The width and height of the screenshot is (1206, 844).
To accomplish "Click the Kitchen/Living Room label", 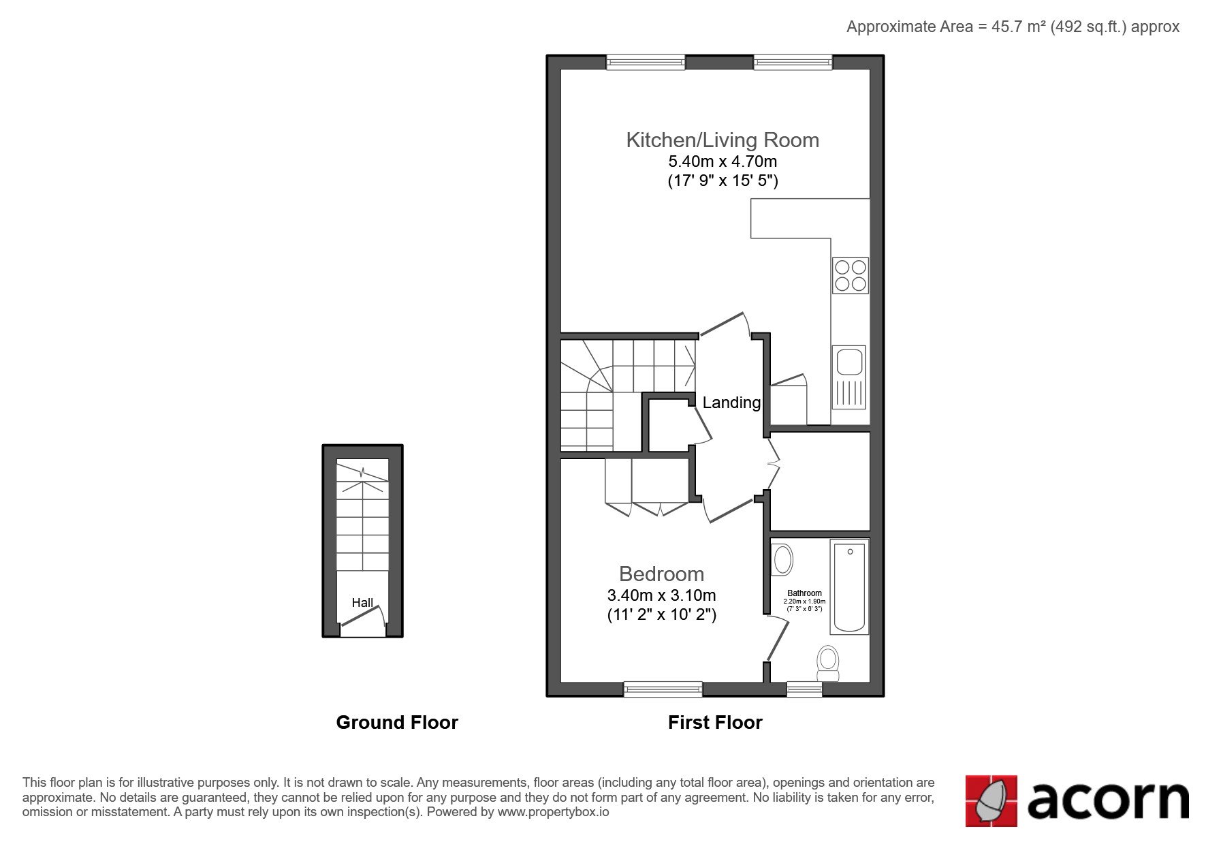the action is pyautogui.click(x=723, y=140).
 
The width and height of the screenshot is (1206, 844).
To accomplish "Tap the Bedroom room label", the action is pyautogui.click(x=661, y=574).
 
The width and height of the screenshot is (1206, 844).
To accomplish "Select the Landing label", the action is pyautogui.click(x=731, y=403).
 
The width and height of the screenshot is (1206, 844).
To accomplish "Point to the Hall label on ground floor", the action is pyautogui.click(x=362, y=603).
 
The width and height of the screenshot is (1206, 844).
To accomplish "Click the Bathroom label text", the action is pyautogui.click(x=804, y=593).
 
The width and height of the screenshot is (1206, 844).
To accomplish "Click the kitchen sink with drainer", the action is pyautogui.click(x=848, y=377).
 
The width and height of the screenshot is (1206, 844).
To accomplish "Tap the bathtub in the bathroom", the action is pyautogui.click(x=850, y=587).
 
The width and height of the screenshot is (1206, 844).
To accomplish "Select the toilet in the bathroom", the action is pyautogui.click(x=828, y=663).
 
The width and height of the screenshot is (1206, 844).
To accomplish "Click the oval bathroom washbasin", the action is pyautogui.click(x=783, y=559).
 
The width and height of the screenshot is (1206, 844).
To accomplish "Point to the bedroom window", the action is pyautogui.click(x=663, y=689).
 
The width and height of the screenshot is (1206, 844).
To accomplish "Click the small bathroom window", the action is pyautogui.click(x=804, y=689).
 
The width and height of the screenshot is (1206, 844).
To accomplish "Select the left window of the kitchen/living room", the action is pyautogui.click(x=646, y=62).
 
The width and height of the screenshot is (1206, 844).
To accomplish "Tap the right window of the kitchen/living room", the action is pyautogui.click(x=793, y=62).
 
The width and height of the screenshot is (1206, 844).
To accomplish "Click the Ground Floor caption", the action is pyautogui.click(x=397, y=722).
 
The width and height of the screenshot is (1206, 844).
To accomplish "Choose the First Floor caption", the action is pyautogui.click(x=715, y=722).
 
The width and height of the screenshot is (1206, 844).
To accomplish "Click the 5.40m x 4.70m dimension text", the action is pyautogui.click(x=723, y=162).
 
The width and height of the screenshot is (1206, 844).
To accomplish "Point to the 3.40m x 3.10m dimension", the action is pyautogui.click(x=661, y=595).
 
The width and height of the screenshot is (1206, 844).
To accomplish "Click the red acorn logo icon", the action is pyautogui.click(x=991, y=800).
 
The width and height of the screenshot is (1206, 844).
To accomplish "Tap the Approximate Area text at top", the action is pyautogui.click(x=1013, y=27).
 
